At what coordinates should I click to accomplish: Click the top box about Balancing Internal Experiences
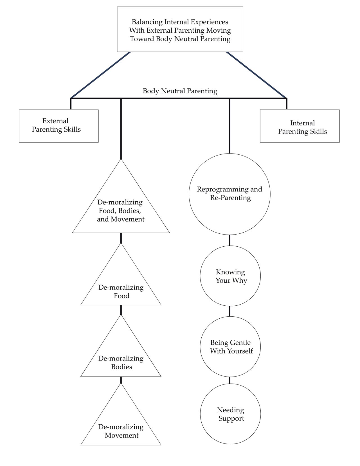coord(180,30)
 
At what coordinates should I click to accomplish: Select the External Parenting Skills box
coord(58,126)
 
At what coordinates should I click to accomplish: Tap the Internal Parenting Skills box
coord(300,126)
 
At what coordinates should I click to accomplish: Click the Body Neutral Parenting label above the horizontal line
coord(180,91)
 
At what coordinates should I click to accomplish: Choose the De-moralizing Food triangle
coord(121,290)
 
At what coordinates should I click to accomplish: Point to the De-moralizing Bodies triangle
coord(121,361)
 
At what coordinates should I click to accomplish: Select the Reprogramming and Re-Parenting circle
coord(229,194)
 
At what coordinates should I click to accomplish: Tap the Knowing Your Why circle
coord(230,276)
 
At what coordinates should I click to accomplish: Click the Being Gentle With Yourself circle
coord(230,346)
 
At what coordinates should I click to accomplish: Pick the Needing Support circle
coord(230,414)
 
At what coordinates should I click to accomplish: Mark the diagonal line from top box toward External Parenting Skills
coord(100,75)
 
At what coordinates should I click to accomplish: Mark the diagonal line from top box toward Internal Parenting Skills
coord(256,75)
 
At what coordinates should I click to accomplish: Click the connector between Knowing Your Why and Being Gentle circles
coord(229,311)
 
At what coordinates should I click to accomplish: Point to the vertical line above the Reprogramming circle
coord(229,127)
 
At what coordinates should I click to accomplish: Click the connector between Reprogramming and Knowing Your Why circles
coord(229,240)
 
